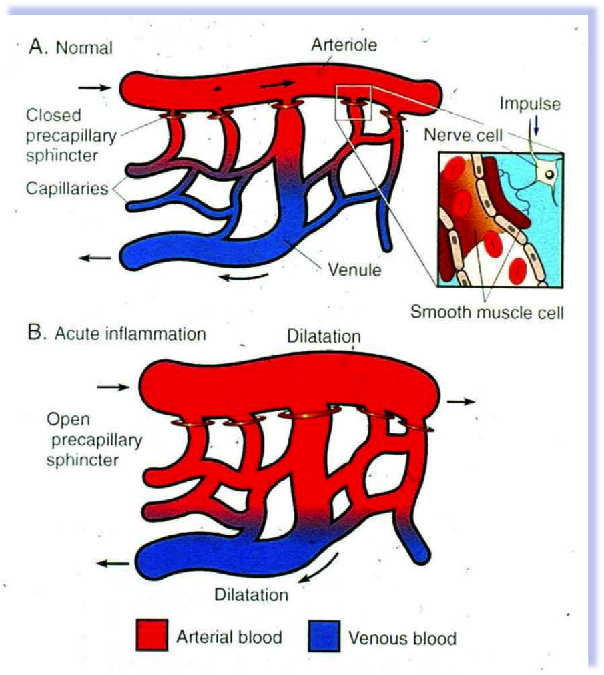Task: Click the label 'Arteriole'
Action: point(344,46)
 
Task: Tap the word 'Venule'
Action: point(354,270)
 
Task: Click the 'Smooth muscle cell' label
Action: point(487,312)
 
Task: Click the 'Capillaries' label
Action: point(67,188)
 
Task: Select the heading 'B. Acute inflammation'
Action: point(117,333)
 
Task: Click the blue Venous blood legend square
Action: point(324,636)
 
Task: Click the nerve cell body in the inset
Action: point(547,174)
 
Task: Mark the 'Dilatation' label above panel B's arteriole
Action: point(324,336)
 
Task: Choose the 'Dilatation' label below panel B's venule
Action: point(251,594)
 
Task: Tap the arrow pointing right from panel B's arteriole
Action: point(461,401)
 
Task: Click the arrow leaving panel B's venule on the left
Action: point(113,564)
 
